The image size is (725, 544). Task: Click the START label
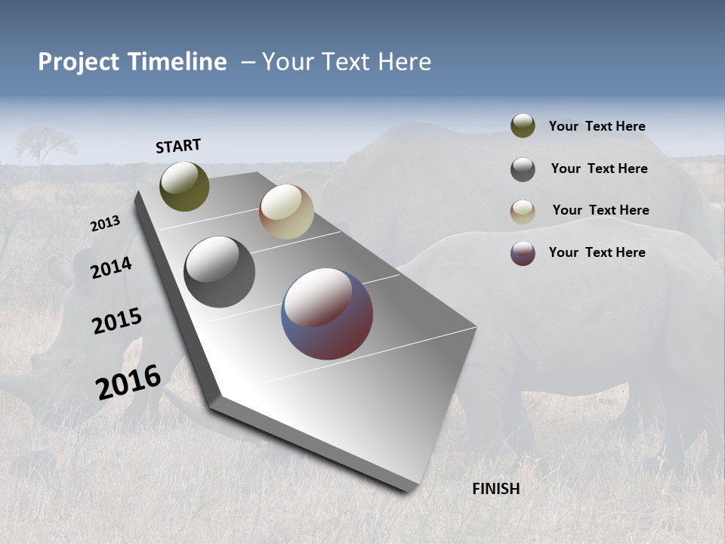[178, 146]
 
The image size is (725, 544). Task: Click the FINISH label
[495, 489]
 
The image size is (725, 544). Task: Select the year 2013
[105, 224]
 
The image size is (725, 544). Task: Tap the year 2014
[111, 267]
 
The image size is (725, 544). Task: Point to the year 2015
[116, 321]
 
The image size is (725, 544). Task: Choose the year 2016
[128, 382]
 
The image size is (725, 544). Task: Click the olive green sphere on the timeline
[184, 187]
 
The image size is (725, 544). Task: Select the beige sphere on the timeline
[286, 212]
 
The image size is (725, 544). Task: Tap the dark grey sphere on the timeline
[219, 272]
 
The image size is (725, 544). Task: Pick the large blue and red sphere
[327, 314]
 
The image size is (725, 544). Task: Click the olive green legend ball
[523, 126]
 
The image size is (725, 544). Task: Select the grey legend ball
[523, 169]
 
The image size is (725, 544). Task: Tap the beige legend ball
[523, 212]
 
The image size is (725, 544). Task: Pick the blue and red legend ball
[523, 253]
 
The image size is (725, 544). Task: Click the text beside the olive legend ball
[597, 126]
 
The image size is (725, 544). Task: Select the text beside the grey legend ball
[599, 168]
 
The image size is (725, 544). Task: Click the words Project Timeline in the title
[132, 62]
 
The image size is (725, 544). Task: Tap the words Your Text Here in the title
[346, 62]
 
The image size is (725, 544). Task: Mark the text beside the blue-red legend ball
[597, 252]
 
